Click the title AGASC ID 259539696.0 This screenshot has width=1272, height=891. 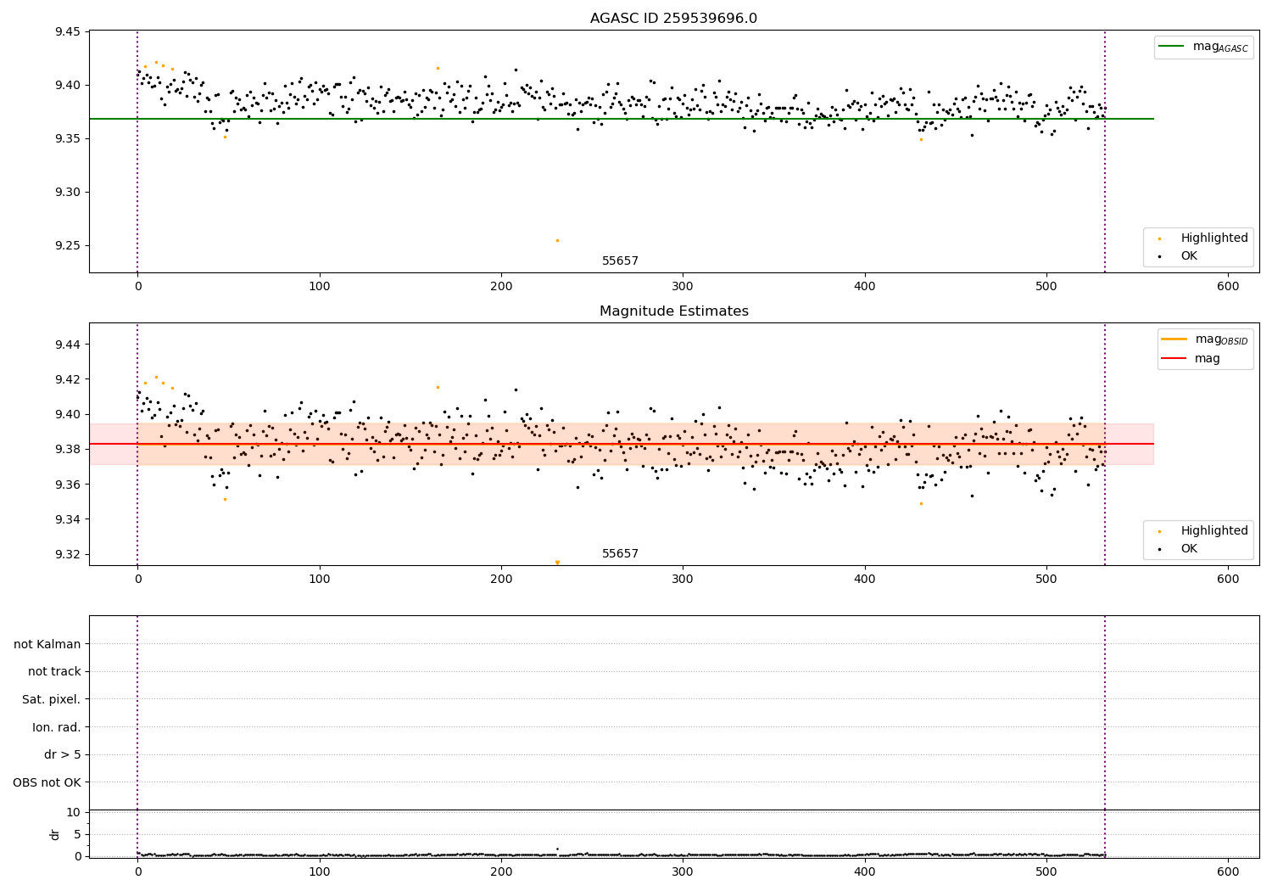click(673, 19)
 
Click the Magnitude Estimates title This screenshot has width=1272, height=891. click(673, 311)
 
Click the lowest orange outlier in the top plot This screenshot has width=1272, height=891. click(557, 240)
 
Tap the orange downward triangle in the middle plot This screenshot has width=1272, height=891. click(557, 563)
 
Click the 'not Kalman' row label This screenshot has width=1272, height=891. click(47, 645)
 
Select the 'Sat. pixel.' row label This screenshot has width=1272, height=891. click(51, 700)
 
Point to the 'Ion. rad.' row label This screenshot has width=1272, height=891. click(56, 728)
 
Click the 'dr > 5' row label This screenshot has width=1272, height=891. click(62, 755)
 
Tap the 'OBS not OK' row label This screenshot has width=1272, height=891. click(47, 783)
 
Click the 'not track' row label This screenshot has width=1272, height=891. click(54, 672)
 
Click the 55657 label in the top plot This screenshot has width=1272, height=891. click(620, 261)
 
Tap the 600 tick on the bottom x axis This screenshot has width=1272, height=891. click(1228, 871)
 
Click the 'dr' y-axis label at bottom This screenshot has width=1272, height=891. click(55, 834)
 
